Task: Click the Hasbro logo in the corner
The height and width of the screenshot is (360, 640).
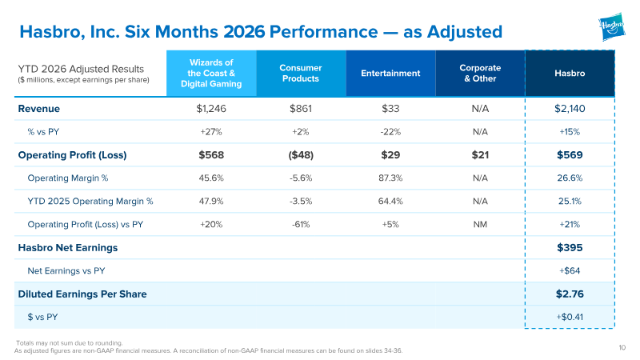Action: (612, 26)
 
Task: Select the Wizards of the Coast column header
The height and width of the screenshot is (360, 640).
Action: (211, 74)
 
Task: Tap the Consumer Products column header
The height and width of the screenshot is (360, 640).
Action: (301, 74)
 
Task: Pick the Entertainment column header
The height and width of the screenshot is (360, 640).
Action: (390, 74)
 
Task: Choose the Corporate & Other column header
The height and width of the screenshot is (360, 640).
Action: (480, 74)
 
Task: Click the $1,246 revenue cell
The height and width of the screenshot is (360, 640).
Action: (211, 109)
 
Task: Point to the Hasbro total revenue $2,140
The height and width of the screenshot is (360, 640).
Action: (570, 109)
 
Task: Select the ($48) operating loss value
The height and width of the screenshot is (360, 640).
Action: (301, 155)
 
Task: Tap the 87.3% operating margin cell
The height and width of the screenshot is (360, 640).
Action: (390, 178)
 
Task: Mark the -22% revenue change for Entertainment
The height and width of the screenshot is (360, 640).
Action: (390, 132)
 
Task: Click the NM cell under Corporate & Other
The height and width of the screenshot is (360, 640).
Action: (480, 225)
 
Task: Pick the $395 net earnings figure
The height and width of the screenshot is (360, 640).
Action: (570, 248)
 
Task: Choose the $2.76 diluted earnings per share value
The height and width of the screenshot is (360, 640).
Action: (570, 294)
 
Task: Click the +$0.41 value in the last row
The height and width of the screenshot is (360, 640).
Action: (570, 317)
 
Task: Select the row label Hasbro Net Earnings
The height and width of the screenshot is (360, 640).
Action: (68, 248)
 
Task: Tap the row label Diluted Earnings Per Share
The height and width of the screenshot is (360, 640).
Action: (82, 294)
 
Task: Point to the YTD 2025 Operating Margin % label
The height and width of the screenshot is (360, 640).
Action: (90, 202)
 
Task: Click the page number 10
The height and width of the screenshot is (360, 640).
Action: (622, 348)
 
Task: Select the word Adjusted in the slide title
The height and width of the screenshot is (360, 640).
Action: (465, 32)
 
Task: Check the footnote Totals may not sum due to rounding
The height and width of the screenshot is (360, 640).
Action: (70, 343)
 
